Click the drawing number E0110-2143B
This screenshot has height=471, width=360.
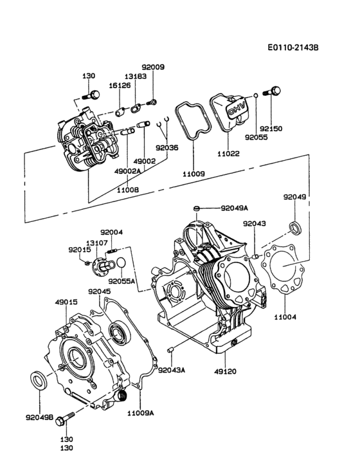(294, 47)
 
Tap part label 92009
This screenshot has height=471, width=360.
(153, 66)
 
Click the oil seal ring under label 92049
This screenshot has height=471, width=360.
(296, 226)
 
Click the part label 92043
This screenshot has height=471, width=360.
(254, 223)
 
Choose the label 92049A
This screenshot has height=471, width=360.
(234, 208)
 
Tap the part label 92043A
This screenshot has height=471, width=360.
(172, 369)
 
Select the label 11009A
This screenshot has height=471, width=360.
(141, 412)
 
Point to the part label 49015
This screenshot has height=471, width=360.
(66, 301)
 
